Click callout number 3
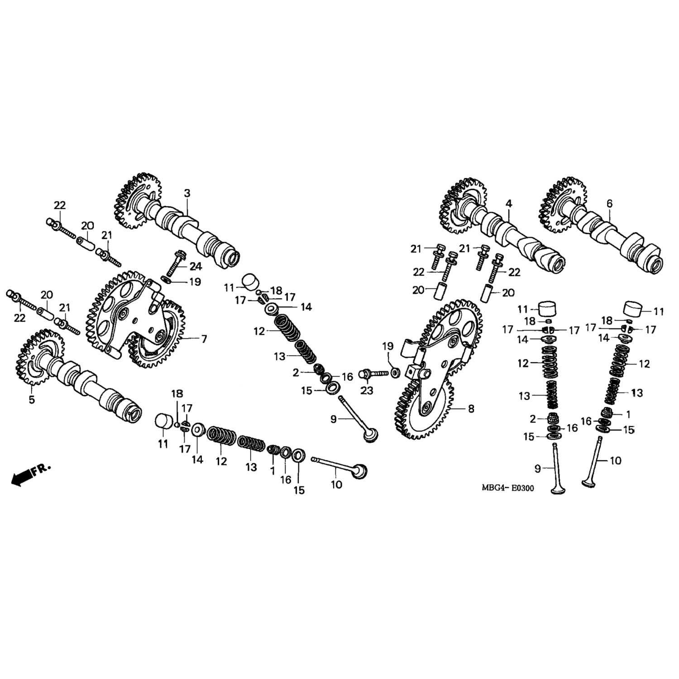187,193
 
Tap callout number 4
509,204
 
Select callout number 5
32,400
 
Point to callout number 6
609,204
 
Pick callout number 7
204,339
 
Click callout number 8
471,409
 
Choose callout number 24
196,266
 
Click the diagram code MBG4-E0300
507,488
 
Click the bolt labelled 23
373,374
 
